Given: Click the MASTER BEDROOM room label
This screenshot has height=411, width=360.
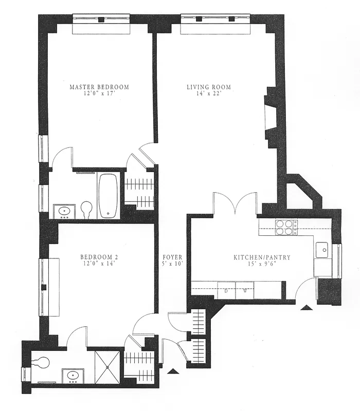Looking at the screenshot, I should pyautogui.click(x=99, y=87).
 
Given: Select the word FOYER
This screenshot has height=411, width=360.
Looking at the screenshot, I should pyautogui.click(x=172, y=257).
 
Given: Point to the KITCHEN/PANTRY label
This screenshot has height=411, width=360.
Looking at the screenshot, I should pyautogui.click(x=262, y=257).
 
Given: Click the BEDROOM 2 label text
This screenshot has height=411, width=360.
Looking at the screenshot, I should pyautogui.click(x=99, y=257).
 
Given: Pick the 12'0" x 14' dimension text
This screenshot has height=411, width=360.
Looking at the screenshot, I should pyautogui.click(x=99, y=264).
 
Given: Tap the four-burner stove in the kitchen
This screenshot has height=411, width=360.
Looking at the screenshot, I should pyautogui.click(x=286, y=227).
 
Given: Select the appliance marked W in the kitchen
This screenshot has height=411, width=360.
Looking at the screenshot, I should pyautogui.click(x=245, y=290).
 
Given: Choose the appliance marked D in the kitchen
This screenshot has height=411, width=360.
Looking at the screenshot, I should pyautogui.click(x=226, y=290).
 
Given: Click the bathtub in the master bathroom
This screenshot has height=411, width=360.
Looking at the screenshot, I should pyautogui.click(x=108, y=196).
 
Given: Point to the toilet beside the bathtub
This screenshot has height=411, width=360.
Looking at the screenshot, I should pyautogui.click(x=86, y=209).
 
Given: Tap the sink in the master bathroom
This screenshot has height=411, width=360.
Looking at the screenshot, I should pyautogui.click(x=65, y=211).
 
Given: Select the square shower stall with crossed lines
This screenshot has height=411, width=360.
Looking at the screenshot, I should pyautogui.click(x=107, y=367).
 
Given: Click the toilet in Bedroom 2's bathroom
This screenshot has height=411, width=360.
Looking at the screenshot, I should pyautogui.click(x=42, y=363).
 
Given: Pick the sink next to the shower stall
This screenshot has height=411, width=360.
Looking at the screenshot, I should pyautogui.click(x=71, y=376).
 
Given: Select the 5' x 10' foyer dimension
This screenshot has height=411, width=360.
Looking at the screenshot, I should pyautogui.click(x=172, y=264).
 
